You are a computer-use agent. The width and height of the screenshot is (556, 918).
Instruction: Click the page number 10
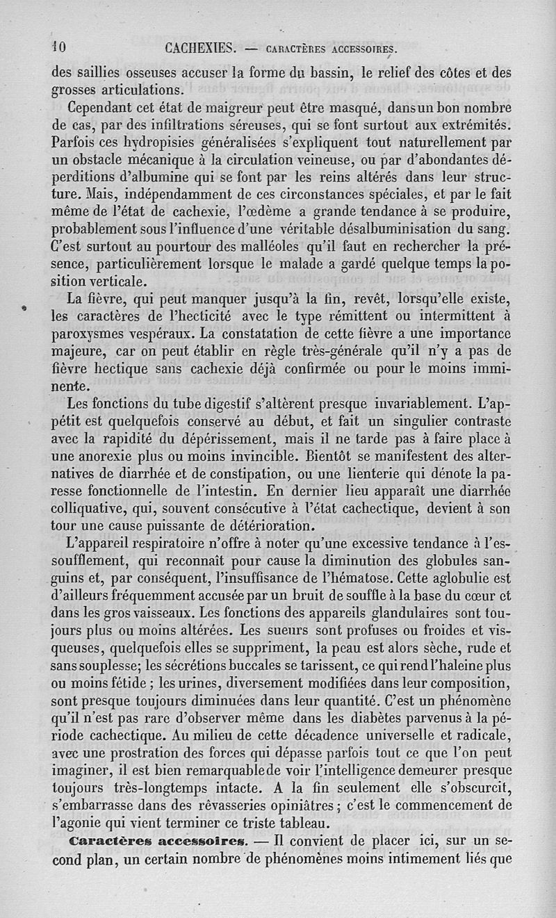pos(58,48)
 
